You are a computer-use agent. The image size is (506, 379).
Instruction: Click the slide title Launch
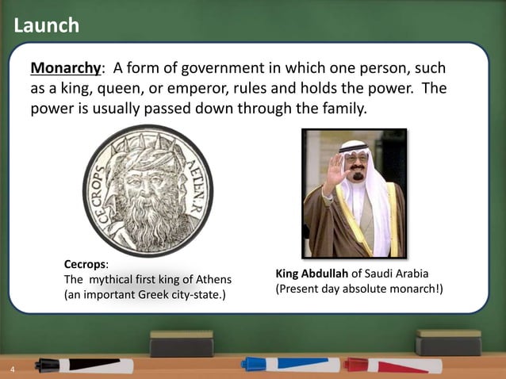click(47, 25)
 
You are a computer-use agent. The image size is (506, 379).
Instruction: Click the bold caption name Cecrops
click(86, 263)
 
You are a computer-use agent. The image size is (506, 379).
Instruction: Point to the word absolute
click(368, 289)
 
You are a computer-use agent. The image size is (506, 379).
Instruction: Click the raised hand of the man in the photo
click(334, 170)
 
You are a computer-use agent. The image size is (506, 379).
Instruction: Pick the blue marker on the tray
click(289, 365)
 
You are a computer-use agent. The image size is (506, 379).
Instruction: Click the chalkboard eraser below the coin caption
click(182, 343)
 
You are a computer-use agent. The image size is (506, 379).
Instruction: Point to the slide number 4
click(13, 370)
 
